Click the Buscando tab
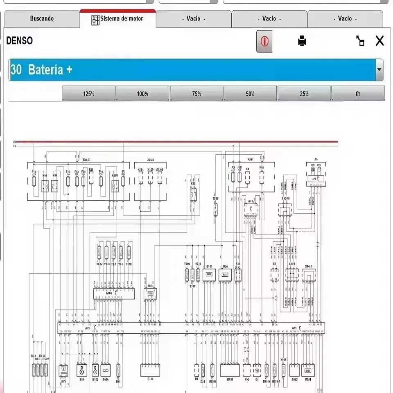(x=42, y=18)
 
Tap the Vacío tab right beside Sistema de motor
(x=193, y=18)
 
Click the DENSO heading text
(x=19, y=41)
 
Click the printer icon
(x=302, y=41)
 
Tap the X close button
(x=379, y=41)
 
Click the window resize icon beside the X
(x=360, y=41)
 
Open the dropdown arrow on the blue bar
(x=379, y=70)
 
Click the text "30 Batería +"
(x=41, y=70)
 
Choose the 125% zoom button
(x=88, y=94)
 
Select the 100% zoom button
(x=142, y=94)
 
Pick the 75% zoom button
(x=196, y=94)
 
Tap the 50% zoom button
(x=250, y=94)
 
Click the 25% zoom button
(x=304, y=94)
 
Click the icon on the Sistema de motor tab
(x=95, y=19)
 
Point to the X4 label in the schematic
(x=247, y=168)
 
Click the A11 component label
(x=250, y=201)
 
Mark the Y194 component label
(x=283, y=359)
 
